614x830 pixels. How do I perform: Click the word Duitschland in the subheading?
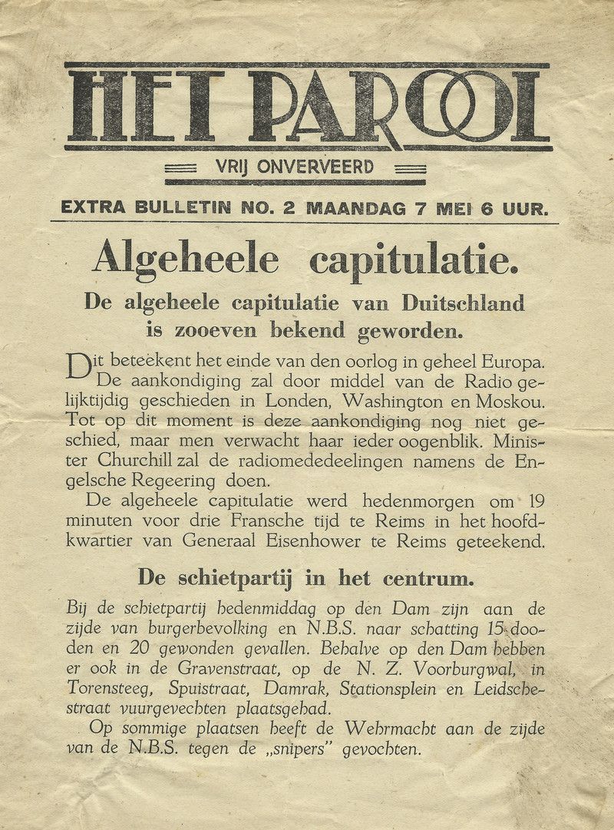pyautogui.click(x=463, y=303)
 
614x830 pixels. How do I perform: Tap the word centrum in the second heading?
pyautogui.click(x=430, y=576)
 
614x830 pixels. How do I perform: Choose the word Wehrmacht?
pyautogui.click(x=392, y=729)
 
